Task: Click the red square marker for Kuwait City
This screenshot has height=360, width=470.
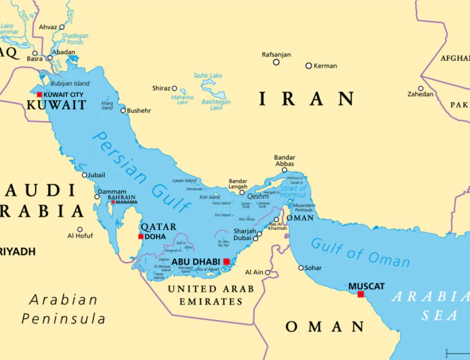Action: (x=39, y=95)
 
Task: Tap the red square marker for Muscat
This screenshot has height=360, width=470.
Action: (x=360, y=294)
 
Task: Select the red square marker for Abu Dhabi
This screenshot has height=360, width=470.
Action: (x=226, y=261)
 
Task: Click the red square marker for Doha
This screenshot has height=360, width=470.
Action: (x=141, y=237)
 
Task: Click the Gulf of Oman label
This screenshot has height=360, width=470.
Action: (x=360, y=252)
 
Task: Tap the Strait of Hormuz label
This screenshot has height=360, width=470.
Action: (x=294, y=192)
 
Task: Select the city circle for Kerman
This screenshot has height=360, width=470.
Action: (x=309, y=66)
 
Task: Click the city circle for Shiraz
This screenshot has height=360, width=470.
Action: (x=174, y=88)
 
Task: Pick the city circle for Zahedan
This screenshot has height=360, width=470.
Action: (x=421, y=88)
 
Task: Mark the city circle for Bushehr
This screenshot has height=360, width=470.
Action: (x=123, y=110)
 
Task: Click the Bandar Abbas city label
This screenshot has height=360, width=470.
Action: (x=284, y=161)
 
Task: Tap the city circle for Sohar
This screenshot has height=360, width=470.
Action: (x=301, y=267)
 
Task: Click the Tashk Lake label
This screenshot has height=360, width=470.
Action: (x=207, y=76)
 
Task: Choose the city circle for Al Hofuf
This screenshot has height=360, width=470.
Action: (x=80, y=229)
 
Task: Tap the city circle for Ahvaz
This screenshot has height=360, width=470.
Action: (x=62, y=28)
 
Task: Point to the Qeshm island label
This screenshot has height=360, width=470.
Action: (x=258, y=196)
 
